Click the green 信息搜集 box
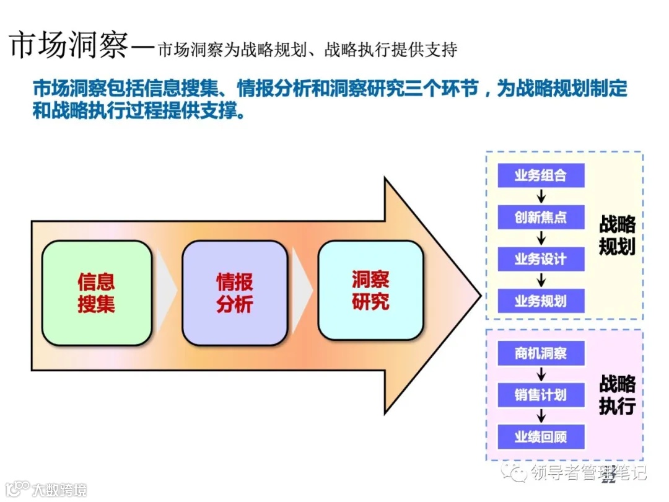[97, 293]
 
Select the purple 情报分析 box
[234, 293]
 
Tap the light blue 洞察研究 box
[370, 291]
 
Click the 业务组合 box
[541, 176]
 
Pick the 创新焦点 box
[541, 218]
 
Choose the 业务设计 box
[541, 259]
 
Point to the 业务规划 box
[541, 301]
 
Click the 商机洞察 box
[541, 354]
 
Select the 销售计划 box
[541, 395]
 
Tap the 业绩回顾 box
[541, 437]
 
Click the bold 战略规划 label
[617, 236]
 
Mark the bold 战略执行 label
[617, 395]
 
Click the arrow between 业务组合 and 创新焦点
[541, 197]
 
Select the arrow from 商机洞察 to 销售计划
[541, 374]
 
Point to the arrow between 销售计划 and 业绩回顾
[541, 416]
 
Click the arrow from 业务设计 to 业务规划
[541, 280]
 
